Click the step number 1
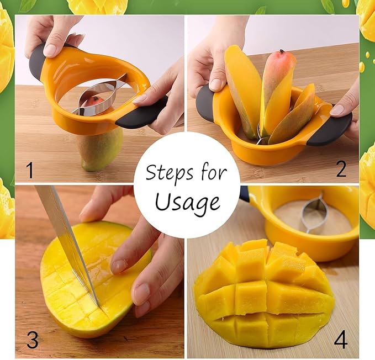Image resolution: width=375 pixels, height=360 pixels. coord(30,170)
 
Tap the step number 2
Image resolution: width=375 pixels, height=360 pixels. coord(341,169)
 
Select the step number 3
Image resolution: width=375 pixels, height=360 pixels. coord(33,340)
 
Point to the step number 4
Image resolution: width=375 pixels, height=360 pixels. coord(341,340)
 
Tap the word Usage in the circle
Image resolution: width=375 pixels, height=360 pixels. coord(187,203)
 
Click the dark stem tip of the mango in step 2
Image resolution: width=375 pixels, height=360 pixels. coord(282,51)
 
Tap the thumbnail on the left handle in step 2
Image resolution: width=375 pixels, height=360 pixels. coord(217,84)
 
